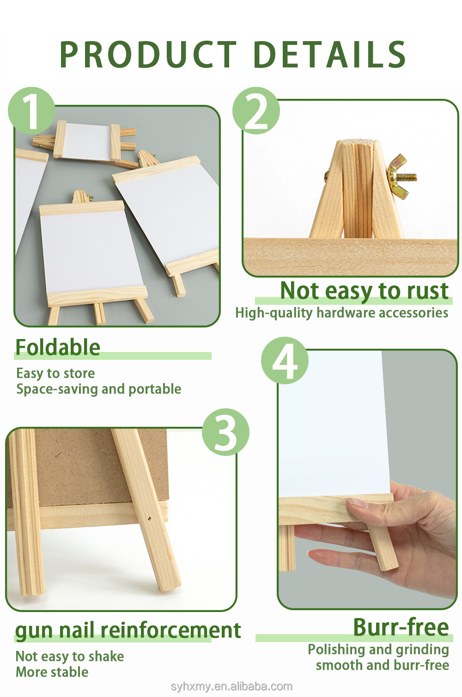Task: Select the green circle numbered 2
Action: point(256,111)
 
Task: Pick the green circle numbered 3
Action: point(226,432)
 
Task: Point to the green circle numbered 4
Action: point(285,361)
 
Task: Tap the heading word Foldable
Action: point(58,347)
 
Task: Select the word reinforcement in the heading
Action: point(171,630)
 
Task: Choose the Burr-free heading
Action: point(401,627)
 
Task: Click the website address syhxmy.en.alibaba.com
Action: point(231,686)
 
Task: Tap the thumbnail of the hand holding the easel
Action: point(368,479)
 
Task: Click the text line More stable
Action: point(52,672)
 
